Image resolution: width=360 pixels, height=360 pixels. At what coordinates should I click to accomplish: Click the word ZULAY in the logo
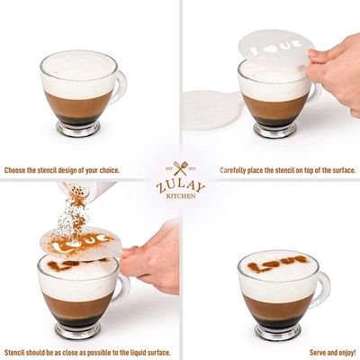(x=181, y=186)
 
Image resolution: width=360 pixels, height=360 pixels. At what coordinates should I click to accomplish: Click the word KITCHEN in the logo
(x=181, y=196)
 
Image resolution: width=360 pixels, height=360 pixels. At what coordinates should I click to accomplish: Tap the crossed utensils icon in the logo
(x=181, y=168)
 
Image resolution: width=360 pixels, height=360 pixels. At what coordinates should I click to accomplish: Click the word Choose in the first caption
(x=15, y=171)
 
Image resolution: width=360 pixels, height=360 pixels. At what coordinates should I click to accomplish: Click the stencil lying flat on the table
(x=212, y=110)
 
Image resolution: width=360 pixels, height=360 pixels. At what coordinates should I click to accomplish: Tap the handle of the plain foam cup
(x=119, y=86)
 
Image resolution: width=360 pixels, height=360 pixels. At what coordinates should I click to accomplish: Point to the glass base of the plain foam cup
(x=78, y=129)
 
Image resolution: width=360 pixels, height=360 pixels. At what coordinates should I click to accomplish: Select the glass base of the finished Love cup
(x=278, y=332)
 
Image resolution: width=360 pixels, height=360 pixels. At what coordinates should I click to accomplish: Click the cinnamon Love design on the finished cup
(x=277, y=264)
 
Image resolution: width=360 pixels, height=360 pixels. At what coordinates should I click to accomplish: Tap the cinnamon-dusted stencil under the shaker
(x=81, y=242)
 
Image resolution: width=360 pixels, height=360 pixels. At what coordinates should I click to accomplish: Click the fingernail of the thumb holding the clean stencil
(x=312, y=53)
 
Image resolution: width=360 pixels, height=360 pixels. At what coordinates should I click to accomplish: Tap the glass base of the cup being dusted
(x=78, y=331)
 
